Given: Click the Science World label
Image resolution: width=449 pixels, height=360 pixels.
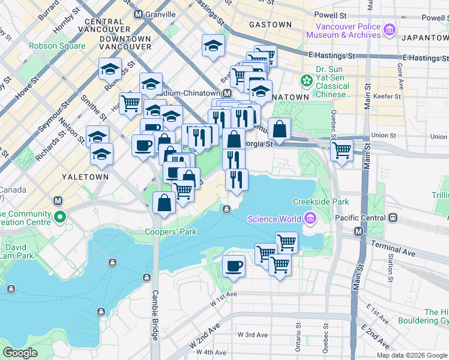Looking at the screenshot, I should pyautogui.click(x=274, y=218).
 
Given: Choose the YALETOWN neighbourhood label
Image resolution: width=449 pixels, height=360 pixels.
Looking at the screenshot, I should pyautogui.click(x=85, y=177).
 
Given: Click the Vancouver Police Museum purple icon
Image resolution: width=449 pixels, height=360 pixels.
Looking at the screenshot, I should pyautogui.click(x=390, y=29).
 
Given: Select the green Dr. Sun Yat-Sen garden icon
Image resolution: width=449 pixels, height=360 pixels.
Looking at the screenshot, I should pyautogui.click(x=307, y=79).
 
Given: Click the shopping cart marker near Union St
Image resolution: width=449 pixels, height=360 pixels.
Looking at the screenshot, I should pyautogui.click(x=342, y=149).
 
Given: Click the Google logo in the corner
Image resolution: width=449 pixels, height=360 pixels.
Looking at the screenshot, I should pyautogui.click(x=20, y=353).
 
